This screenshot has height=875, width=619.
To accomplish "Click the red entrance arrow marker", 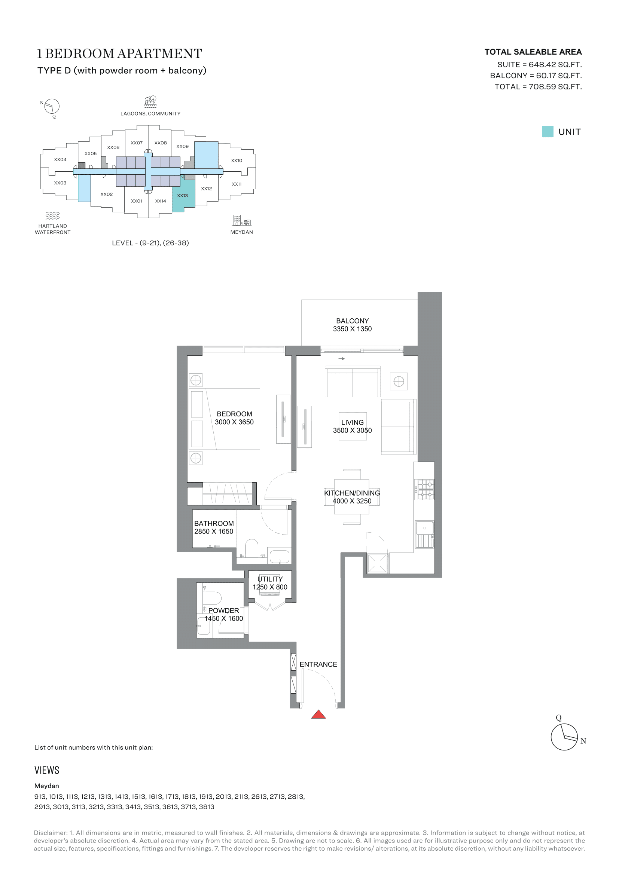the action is click(x=318, y=714).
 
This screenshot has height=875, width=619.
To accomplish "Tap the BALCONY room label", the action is click(x=352, y=321).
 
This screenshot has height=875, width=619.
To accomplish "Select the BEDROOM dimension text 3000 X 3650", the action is click(x=234, y=422).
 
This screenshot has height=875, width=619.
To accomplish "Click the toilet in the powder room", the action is click(x=211, y=598).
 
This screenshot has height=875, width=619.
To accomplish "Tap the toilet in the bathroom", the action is click(x=251, y=548).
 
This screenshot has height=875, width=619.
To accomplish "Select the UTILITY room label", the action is click(x=270, y=579).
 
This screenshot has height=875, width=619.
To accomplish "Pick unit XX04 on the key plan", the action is click(x=60, y=160).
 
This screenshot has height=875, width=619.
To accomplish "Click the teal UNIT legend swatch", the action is click(x=548, y=131).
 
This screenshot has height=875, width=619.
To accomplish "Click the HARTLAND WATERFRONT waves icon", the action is click(x=53, y=216).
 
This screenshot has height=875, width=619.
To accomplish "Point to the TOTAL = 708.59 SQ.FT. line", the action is click(x=538, y=86).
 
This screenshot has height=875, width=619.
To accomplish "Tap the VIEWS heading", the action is click(x=47, y=770).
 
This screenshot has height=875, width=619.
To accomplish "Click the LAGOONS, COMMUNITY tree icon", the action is click(x=150, y=101).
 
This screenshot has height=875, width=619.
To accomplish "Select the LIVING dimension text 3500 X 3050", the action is click(x=352, y=430).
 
